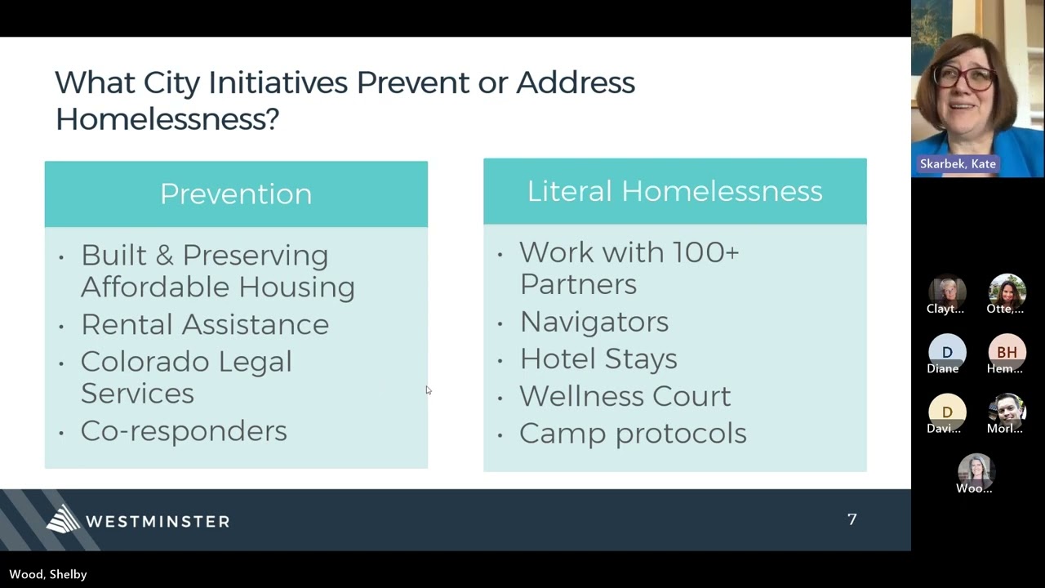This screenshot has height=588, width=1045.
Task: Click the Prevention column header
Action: pyautogui.click(x=236, y=194)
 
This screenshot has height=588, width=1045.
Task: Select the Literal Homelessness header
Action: pyautogui.click(x=674, y=191)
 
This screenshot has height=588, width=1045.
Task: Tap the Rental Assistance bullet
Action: pyautogui.click(x=204, y=324)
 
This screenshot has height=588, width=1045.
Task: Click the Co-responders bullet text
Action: pyautogui.click(x=184, y=431)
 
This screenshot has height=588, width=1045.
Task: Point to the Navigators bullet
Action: pyautogui.click(x=594, y=322)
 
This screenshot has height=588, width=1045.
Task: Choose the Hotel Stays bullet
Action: pyautogui.click(x=598, y=359)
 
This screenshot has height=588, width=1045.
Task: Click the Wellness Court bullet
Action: pyautogui.click(x=625, y=396)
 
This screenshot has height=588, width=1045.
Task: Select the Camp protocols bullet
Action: pyautogui.click(x=633, y=433)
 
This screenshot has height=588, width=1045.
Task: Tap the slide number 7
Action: pyautogui.click(x=852, y=519)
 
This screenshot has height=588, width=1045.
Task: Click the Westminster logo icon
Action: pyautogui.click(x=63, y=519)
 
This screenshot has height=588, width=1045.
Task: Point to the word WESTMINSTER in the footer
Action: pyautogui.click(x=158, y=521)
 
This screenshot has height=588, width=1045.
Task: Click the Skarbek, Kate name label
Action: pyautogui.click(x=958, y=164)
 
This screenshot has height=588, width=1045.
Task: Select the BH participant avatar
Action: pyautogui.click(x=1007, y=352)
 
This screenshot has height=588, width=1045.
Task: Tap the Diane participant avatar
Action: pyautogui.click(x=947, y=352)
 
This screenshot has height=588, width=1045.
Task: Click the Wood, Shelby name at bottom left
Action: pyautogui.click(x=48, y=574)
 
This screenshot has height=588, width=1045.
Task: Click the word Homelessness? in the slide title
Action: pyautogui.click(x=167, y=119)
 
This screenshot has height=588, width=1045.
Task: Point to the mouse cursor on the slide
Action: pyautogui.click(x=428, y=390)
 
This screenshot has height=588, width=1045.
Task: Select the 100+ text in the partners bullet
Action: pyautogui.click(x=705, y=252)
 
